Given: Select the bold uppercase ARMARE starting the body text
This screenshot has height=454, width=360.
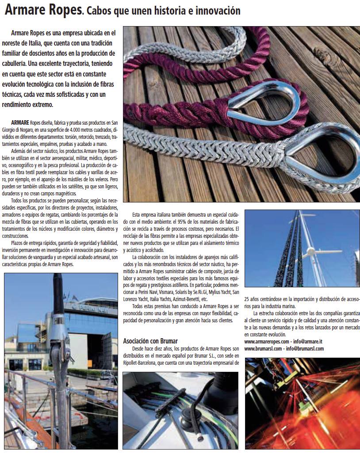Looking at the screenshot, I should coord(20,122).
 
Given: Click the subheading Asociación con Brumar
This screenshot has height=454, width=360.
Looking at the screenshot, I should coord(150,341).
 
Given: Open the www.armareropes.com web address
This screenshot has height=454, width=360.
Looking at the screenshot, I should coord(267,342).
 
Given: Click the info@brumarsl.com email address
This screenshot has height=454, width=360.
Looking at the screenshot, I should coord(305,348).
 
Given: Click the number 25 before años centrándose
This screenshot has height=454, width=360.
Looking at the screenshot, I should coord(247,299).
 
